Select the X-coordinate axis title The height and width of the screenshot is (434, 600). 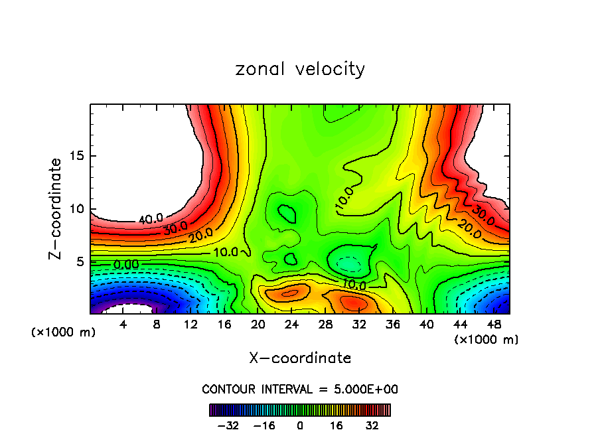click(x=300, y=358)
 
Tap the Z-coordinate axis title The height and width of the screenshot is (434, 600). click(x=56, y=208)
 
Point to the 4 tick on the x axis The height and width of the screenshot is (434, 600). click(x=123, y=325)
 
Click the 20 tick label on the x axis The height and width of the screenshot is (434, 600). click(x=258, y=325)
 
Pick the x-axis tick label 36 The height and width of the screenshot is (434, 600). click(x=392, y=325)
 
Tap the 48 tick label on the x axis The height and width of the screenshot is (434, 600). click(x=493, y=325)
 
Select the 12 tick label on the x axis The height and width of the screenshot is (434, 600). click(x=190, y=325)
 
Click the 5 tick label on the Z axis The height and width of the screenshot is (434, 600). click(x=78, y=261)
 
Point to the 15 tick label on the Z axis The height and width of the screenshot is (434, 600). click(x=74, y=156)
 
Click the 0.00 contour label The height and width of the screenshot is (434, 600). click(x=126, y=264)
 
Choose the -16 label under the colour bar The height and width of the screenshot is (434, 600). click(x=264, y=425)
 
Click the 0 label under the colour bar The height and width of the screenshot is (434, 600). click(x=300, y=425)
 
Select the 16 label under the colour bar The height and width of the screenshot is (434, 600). click(x=336, y=425)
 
